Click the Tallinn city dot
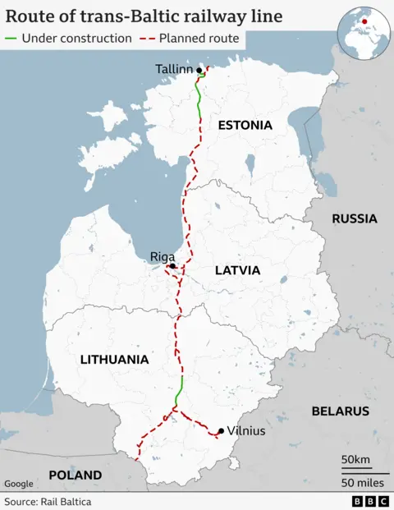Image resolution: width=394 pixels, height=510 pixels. click(x=199, y=70)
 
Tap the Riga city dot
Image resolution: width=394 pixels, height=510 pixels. click(x=172, y=266)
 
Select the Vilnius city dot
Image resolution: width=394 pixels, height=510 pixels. click(x=220, y=430)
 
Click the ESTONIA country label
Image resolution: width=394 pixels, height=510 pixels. click(x=244, y=125)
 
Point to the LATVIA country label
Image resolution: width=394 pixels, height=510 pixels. click(x=237, y=270)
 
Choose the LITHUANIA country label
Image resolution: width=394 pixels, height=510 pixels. click(x=114, y=359)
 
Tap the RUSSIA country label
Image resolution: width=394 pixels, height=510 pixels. click(x=355, y=218)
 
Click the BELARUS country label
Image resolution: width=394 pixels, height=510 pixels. click(x=340, y=411)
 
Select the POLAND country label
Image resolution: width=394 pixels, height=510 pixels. click(x=75, y=475)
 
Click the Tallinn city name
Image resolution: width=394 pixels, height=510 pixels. click(x=173, y=70)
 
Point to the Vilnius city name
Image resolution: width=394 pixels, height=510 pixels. click(x=246, y=430)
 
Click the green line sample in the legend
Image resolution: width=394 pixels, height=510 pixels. click(x=11, y=39)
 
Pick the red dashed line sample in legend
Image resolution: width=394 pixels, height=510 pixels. click(x=148, y=39)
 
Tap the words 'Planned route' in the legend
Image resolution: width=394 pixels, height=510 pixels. click(x=199, y=39)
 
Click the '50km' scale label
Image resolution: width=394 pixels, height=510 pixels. click(x=356, y=457)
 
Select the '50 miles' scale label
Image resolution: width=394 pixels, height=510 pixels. click(x=364, y=480)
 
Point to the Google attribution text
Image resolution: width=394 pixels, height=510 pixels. click(x=19, y=484)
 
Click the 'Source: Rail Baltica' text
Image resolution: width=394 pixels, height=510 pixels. click(x=48, y=501)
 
